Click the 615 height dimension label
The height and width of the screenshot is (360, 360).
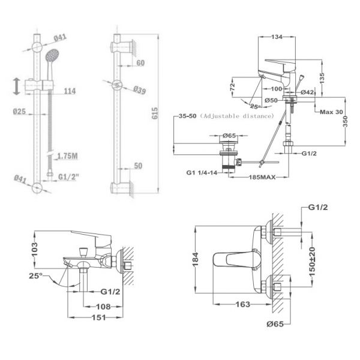[155, 113]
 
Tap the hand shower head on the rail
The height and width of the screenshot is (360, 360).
[52, 55]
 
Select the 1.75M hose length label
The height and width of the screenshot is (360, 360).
[67, 156]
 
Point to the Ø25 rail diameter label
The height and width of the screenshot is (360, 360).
[19, 112]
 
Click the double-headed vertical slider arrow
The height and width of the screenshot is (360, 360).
[16, 86]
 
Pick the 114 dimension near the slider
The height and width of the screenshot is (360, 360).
[70, 91]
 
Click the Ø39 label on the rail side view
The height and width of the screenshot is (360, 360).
[140, 90]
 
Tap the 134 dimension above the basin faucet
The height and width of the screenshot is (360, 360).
[277, 37]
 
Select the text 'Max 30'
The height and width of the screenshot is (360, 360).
[331, 112]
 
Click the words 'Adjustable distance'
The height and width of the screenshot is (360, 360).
[237, 116]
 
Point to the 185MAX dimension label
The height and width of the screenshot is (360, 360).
[262, 177]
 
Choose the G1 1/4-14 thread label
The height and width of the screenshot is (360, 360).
[202, 172]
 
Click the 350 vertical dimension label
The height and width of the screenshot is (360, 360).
[346, 121]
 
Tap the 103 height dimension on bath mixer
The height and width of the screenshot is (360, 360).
[34, 250]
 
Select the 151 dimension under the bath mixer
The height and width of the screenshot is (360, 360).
[99, 317]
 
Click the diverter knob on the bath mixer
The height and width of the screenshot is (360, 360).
[83, 252]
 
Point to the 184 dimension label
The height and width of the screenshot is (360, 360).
[196, 259]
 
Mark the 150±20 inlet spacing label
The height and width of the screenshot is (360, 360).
[312, 262]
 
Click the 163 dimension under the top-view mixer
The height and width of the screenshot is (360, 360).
[242, 304]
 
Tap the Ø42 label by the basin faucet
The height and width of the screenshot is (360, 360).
[307, 92]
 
